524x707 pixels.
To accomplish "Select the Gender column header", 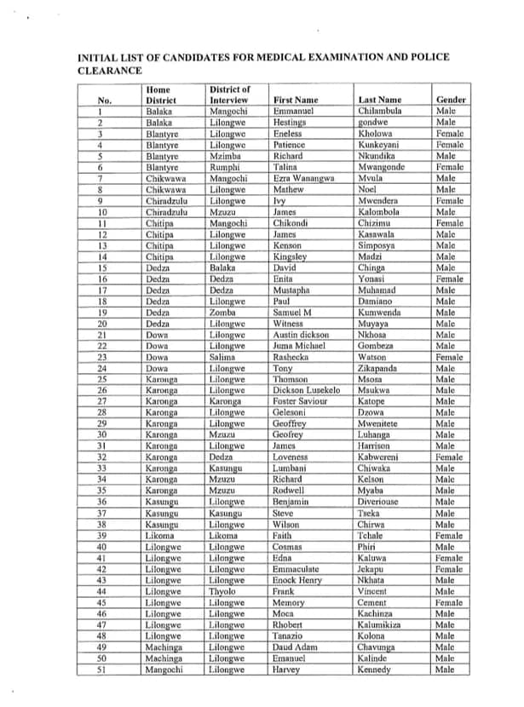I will [x=451, y=100].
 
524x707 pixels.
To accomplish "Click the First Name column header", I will [x=295, y=100].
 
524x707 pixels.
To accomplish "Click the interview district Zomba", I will [x=222, y=313].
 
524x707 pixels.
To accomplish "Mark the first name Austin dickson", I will [x=302, y=336].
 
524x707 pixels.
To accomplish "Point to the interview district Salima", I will [x=223, y=358].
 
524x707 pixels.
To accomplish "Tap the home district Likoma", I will [x=161, y=537].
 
